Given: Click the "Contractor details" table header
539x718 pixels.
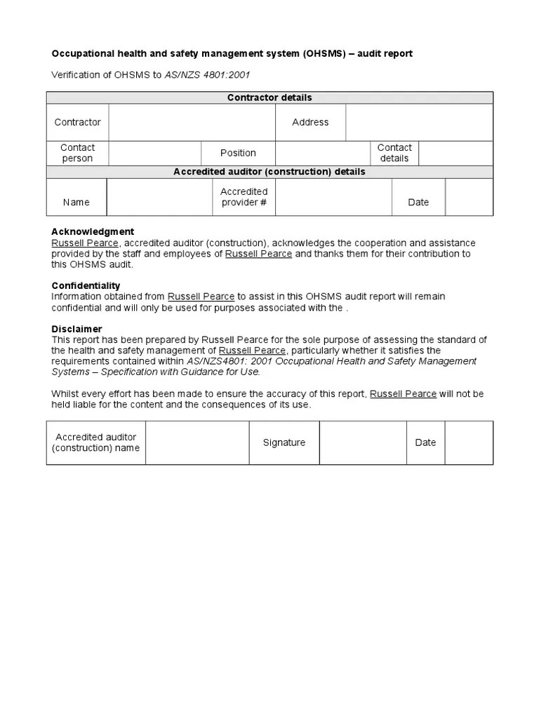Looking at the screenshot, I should click(x=269, y=97).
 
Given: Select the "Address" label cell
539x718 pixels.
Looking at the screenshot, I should click(x=310, y=122).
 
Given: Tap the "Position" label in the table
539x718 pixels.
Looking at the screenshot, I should click(x=238, y=153).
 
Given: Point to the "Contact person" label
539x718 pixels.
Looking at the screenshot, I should click(x=77, y=153).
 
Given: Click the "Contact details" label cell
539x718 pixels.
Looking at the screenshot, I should click(x=394, y=153).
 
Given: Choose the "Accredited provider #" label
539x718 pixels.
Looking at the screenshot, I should click(x=244, y=197).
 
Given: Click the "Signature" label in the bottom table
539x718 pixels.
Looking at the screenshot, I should click(x=284, y=442).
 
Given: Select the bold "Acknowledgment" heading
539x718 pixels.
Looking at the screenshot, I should click(x=93, y=231).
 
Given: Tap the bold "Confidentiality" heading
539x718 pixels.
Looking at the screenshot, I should click(x=86, y=285).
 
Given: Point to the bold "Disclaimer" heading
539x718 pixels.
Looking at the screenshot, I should click(x=76, y=329).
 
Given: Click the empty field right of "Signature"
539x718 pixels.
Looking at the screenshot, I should click(x=363, y=442).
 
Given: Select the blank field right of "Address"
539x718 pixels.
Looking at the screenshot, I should click(x=419, y=122).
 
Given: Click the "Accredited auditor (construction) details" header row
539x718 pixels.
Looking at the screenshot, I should click(x=269, y=172).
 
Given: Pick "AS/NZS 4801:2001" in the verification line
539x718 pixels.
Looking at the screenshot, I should click(x=207, y=75).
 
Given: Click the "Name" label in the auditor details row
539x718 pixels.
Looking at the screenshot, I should click(x=76, y=202).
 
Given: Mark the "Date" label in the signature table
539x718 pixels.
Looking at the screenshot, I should click(x=425, y=442).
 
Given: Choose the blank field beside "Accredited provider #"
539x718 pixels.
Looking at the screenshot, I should click(x=333, y=197).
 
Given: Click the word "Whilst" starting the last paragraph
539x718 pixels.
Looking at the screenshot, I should click(x=65, y=394).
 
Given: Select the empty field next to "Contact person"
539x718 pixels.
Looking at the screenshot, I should click(x=154, y=153).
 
